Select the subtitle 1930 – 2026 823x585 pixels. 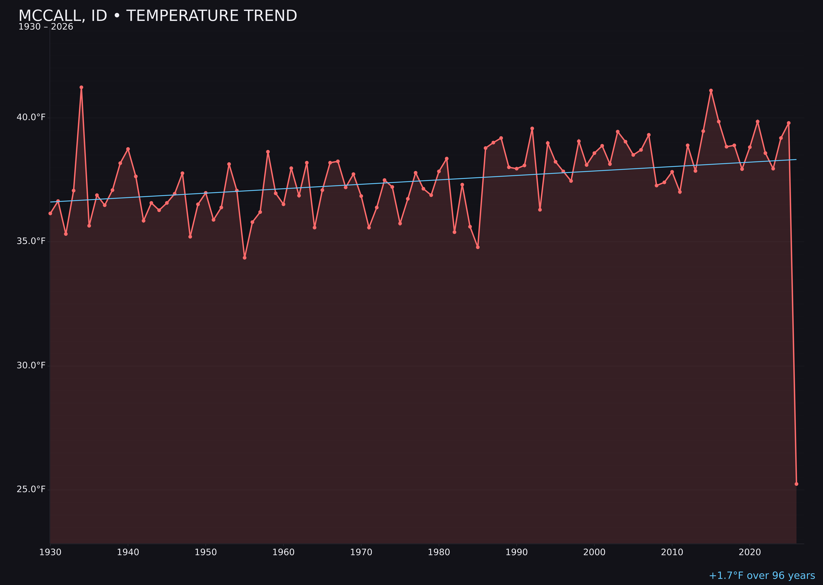pyautogui.click(x=46, y=27)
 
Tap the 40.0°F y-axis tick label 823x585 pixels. pyautogui.click(x=31, y=117)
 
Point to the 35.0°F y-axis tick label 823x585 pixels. pyautogui.click(x=31, y=241)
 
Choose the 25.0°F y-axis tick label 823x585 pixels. pyautogui.click(x=31, y=489)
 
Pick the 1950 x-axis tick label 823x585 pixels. pyautogui.click(x=206, y=552)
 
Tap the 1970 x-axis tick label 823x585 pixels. pyautogui.click(x=361, y=552)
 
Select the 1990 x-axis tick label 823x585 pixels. pyautogui.click(x=517, y=552)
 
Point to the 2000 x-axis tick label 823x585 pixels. pyautogui.click(x=594, y=552)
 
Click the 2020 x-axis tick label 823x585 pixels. pyautogui.click(x=750, y=552)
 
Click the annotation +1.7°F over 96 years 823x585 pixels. pyautogui.click(x=762, y=576)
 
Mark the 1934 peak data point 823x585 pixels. pyautogui.click(x=81, y=87)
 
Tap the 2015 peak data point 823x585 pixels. pyautogui.click(x=711, y=91)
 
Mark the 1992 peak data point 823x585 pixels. pyautogui.click(x=532, y=128)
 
